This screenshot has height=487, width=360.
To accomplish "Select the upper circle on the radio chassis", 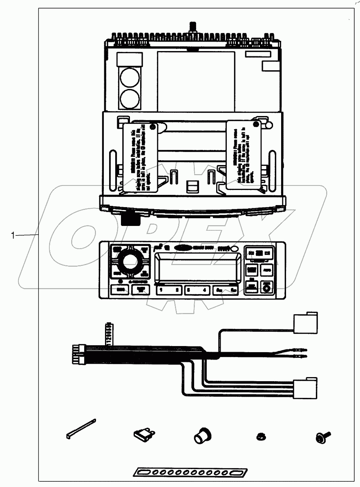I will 129,78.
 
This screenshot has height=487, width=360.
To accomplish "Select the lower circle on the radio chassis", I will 129,98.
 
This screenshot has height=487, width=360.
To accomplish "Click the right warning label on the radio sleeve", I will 244,154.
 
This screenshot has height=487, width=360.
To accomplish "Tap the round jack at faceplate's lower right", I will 267,288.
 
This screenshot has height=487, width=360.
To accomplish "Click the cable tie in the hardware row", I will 80,428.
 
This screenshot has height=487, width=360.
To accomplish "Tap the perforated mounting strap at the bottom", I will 190,472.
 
